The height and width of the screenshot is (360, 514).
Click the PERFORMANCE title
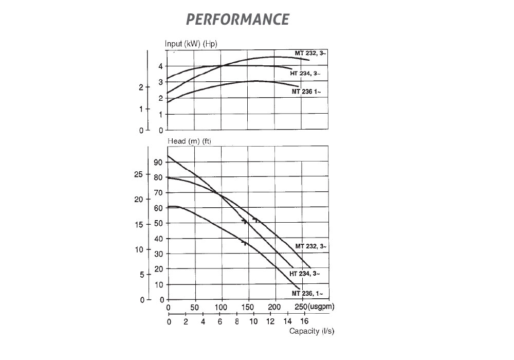[x=237, y=20]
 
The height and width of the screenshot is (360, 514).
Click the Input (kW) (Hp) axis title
[x=191, y=44]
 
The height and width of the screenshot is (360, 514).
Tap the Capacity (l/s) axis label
[x=311, y=331]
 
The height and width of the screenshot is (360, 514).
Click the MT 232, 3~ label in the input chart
[x=310, y=53]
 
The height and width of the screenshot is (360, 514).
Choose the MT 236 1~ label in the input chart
[x=306, y=92]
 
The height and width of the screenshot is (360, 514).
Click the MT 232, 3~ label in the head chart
[x=311, y=246]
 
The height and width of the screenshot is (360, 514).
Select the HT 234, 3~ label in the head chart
[x=305, y=274]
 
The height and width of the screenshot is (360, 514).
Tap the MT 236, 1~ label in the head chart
[x=307, y=293]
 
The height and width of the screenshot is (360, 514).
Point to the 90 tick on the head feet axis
[x=158, y=163]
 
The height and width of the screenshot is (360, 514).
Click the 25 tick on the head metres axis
[x=138, y=174]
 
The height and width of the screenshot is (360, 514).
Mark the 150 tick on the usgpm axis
[x=248, y=308]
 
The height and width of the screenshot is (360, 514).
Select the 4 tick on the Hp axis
[x=160, y=66]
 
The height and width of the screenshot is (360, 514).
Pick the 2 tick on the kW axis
[x=141, y=87]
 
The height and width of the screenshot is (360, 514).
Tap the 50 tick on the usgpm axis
[x=195, y=308]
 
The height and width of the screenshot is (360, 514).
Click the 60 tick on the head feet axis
[x=158, y=208]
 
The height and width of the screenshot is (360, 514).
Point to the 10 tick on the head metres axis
[x=138, y=249]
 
